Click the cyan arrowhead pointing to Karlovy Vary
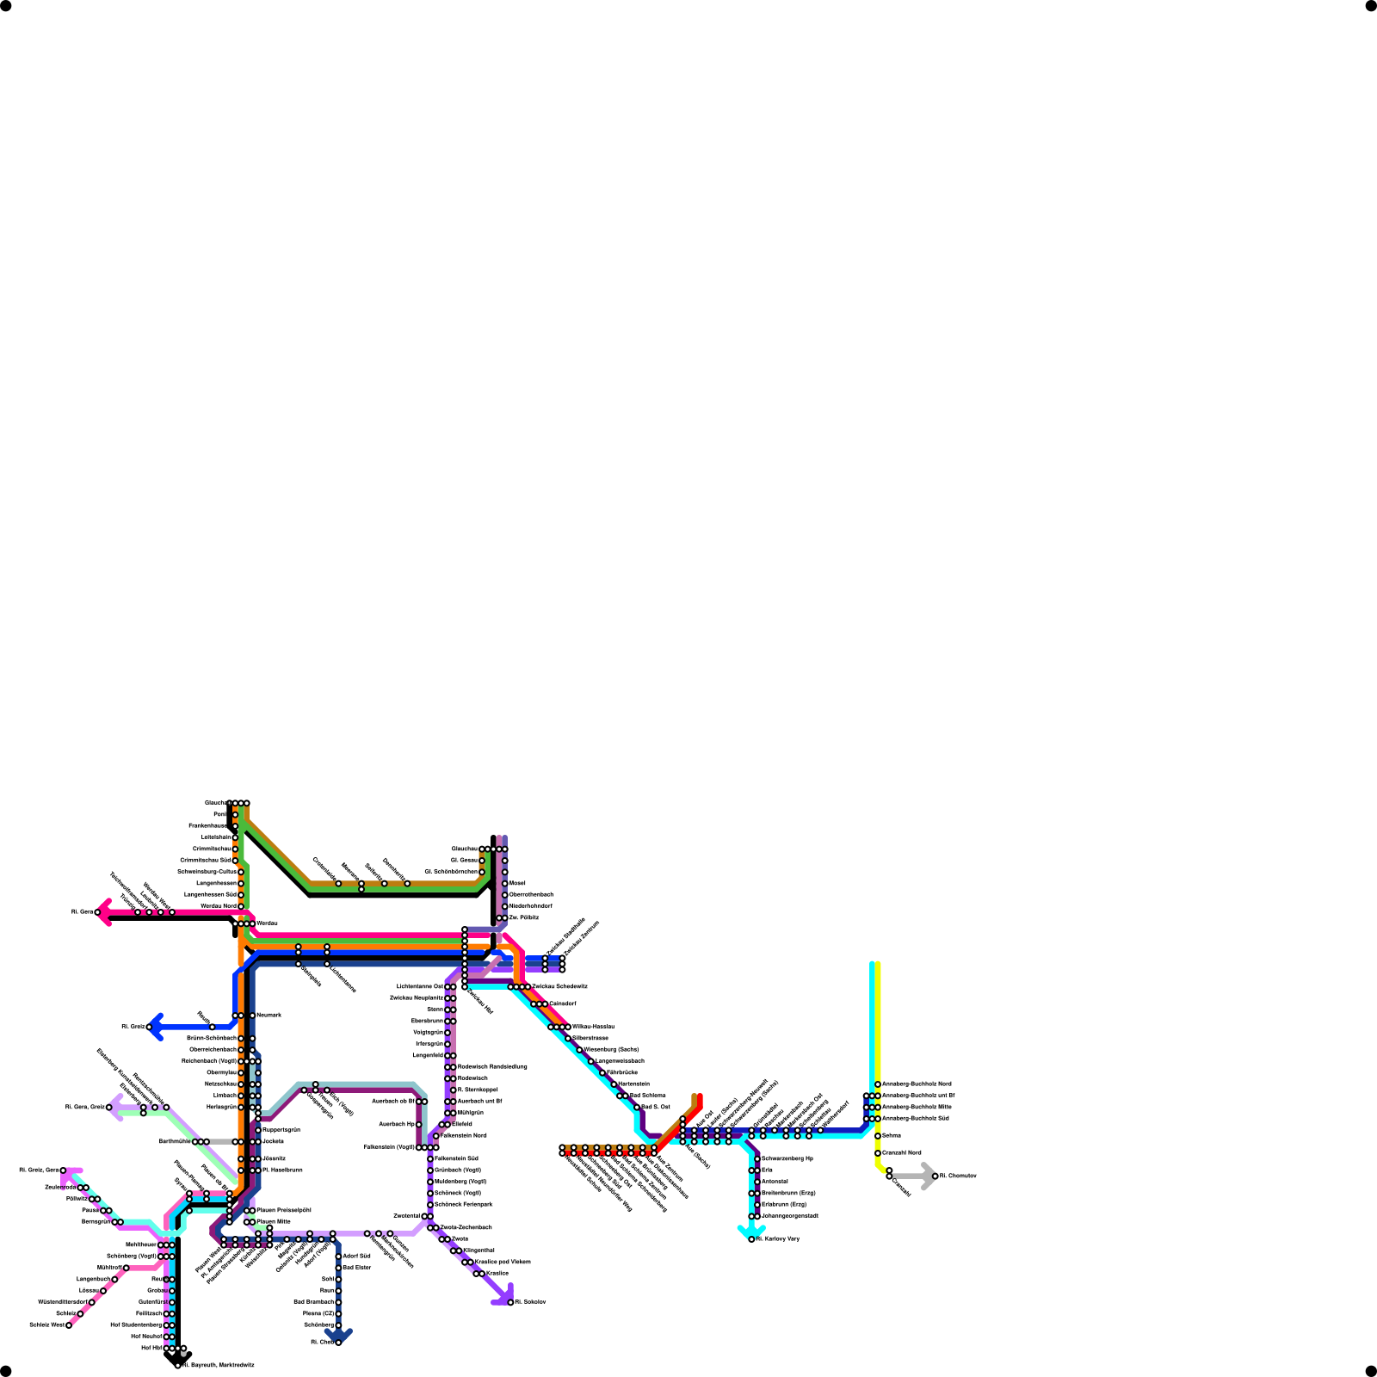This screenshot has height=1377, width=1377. [x=751, y=1233]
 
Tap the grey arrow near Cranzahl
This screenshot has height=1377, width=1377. [x=927, y=1176]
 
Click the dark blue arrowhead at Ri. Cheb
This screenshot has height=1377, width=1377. [x=338, y=1336]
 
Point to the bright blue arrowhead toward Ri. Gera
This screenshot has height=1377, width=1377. [x=156, y=1027]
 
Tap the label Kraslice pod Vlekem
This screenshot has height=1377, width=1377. [x=503, y=1262]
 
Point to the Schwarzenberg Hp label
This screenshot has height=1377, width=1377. [x=787, y=1159]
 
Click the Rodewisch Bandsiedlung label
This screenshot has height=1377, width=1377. [x=492, y=1066]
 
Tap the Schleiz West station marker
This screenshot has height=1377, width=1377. [x=69, y=1325]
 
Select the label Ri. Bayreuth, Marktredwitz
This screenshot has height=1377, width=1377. [x=219, y=1365]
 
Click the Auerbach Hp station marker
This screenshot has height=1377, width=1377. [x=419, y=1124]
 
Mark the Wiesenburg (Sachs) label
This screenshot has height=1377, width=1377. [x=611, y=1049]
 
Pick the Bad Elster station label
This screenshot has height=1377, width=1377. [x=357, y=1268]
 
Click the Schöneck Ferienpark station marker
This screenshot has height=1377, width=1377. [x=430, y=1205]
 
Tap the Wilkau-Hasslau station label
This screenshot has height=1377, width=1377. [x=593, y=1027]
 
